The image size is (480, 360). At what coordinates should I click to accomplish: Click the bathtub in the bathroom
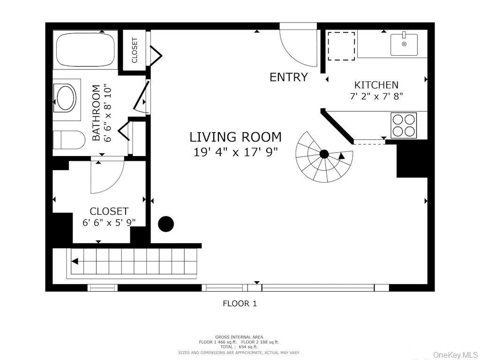pos(85,51)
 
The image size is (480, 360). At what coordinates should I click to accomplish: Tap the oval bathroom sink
pos(66,97)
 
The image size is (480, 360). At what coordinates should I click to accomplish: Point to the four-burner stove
pos(403,125)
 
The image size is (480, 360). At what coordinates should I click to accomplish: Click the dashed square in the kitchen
pos(341,46)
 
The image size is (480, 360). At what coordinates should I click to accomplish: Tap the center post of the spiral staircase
pos(324,154)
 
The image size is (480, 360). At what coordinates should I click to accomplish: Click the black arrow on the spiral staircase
pos(342,156)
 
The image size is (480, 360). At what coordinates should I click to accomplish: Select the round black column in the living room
pos(166,224)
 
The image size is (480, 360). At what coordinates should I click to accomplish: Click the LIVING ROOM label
pos(235,137)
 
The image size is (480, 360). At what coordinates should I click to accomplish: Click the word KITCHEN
pos(376,85)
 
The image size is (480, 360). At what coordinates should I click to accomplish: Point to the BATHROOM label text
pos(96,113)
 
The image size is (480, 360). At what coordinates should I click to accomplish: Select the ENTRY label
pos(288,77)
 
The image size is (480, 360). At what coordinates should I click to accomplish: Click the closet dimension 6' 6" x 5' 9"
pos(109,222)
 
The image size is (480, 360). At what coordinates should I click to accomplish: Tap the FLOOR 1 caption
pos(240,303)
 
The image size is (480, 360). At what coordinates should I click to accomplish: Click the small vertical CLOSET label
pos(135,50)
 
